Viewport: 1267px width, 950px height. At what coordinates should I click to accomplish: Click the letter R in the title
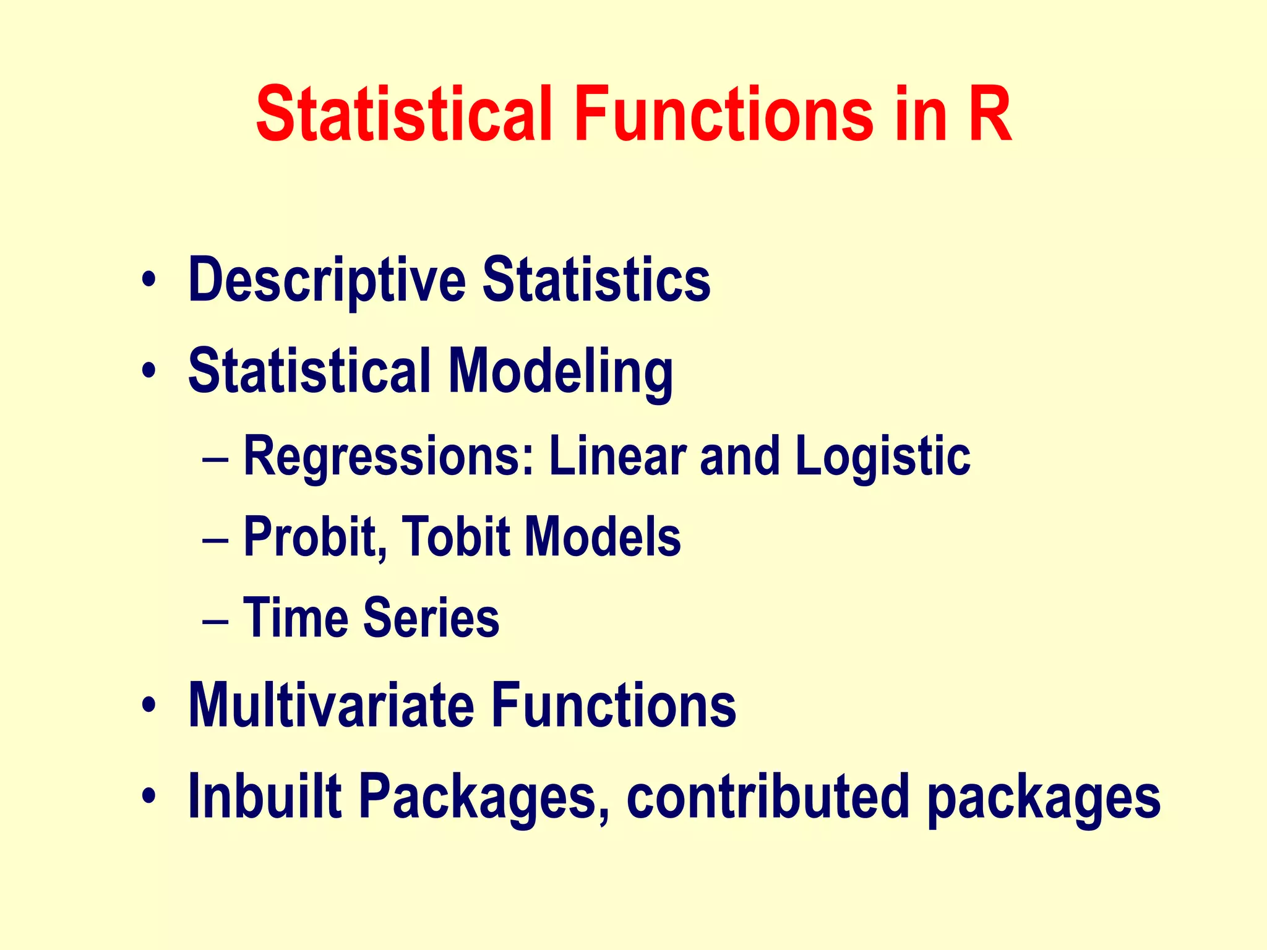(x=989, y=115)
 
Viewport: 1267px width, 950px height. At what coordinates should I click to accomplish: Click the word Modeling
(x=560, y=372)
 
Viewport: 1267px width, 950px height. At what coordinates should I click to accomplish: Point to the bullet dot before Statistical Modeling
(x=148, y=371)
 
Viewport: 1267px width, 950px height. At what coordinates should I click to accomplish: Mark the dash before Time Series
(x=216, y=620)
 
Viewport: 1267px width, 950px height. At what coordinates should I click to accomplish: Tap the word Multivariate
(x=331, y=705)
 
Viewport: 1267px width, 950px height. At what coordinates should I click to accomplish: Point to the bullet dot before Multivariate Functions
(x=148, y=706)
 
